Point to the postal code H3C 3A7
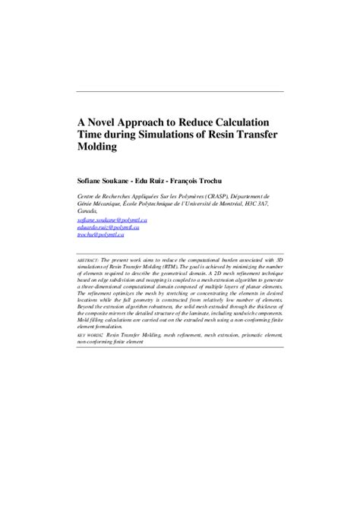[269, 203]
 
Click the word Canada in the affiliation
[91, 210]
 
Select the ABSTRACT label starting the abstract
[92, 259]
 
